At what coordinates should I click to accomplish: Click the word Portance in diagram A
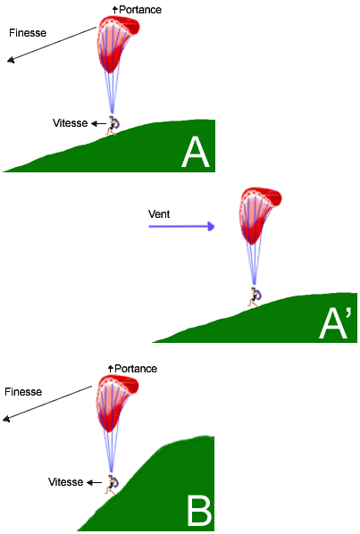pyautogui.click(x=140, y=10)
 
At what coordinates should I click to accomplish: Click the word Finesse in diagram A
pyautogui.click(x=28, y=33)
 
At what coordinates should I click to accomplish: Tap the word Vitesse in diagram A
pyautogui.click(x=71, y=123)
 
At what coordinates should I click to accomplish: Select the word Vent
pyautogui.click(x=159, y=214)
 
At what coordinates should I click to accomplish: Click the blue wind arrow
pyautogui.click(x=182, y=226)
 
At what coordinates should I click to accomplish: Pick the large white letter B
pyautogui.click(x=199, y=511)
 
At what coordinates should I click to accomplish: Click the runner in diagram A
pyautogui.click(x=112, y=126)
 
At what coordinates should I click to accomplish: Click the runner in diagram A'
pyautogui.click(x=255, y=297)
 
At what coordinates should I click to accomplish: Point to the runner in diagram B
pyautogui.click(x=112, y=484)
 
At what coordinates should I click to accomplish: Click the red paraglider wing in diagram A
pyautogui.click(x=118, y=43)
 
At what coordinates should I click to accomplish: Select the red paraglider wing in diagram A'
pyautogui.click(x=260, y=214)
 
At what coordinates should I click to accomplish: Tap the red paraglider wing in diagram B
pyautogui.click(x=117, y=402)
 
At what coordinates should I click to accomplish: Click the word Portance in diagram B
pyautogui.click(x=136, y=369)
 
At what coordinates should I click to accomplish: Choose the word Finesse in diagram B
pyautogui.click(x=23, y=392)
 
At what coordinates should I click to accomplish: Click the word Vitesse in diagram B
pyautogui.click(x=66, y=482)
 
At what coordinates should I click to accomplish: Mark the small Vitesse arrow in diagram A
pyautogui.click(x=98, y=123)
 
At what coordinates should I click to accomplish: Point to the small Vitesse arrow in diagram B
pyautogui.click(x=94, y=482)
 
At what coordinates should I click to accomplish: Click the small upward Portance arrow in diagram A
pyautogui.click(x=115, y=10)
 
